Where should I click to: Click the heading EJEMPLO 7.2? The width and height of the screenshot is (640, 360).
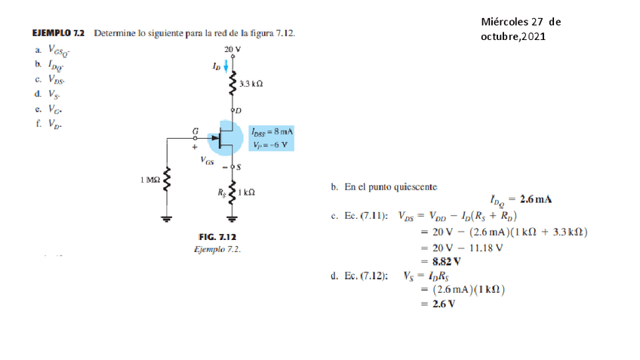tap(58, 34)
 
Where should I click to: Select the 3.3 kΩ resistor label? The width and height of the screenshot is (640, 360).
tap(251, 84)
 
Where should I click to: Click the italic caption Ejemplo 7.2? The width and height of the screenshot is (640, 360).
tap(217, 250)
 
